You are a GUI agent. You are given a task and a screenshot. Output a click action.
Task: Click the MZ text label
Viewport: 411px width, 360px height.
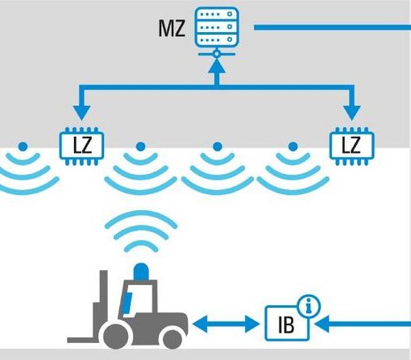click(x=172, y=28)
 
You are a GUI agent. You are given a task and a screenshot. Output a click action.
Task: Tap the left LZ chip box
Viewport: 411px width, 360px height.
click(x=81, y=147)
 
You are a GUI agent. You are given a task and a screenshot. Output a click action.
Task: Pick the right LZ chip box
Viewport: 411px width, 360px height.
click(x=352, y=147)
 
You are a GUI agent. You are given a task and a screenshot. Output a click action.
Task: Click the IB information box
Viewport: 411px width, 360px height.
click(x=287, y=323)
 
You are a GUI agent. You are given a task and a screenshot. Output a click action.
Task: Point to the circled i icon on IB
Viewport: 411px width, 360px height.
click(x=309, y=306)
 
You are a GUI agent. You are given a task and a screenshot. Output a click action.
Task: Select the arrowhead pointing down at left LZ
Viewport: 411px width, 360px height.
click(x=81, y=113)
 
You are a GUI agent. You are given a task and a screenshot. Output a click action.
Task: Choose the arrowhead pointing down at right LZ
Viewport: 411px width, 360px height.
click(x=352, y=113)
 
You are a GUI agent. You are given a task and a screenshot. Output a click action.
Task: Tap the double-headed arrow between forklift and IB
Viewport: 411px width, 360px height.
click(x=226, y=324)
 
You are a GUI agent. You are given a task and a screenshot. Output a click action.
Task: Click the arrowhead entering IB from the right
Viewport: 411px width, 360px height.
click(x=322, y=324)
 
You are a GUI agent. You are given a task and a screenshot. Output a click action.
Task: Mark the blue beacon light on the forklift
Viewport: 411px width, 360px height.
click(x=141, y=271)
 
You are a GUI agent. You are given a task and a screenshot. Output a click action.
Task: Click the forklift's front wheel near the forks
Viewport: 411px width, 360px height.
click(x=116, y=336)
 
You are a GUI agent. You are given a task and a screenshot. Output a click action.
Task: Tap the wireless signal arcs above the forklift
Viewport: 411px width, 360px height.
click(x=141, y=231)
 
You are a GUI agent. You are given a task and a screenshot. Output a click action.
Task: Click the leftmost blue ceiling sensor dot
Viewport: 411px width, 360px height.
click(x=23, y=147)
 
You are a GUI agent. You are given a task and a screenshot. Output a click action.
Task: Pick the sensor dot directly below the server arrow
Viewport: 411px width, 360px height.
click(x=218, y=147)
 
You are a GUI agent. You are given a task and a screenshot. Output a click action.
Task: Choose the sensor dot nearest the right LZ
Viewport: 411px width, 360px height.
click(x=293, y=147)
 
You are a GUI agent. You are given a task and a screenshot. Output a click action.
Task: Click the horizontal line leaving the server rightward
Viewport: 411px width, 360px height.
click(x=332, y=27)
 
